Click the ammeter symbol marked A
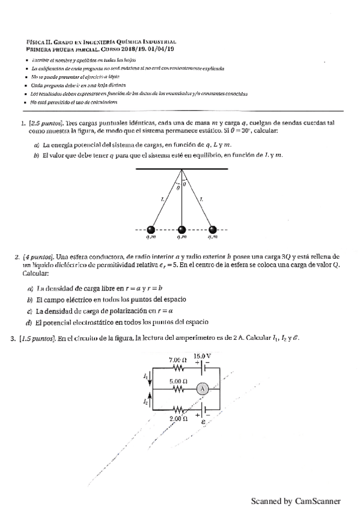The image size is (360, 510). (x=203, y=389)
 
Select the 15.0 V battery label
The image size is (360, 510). (x=203, y=356)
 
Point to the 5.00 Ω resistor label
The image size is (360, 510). (x=177, y=381)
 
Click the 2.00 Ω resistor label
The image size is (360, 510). (x=178, y=417)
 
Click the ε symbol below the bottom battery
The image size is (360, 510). (x=202, y=422)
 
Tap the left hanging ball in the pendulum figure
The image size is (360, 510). (x=151, y=229)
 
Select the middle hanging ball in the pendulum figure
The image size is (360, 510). (x=182, y=229)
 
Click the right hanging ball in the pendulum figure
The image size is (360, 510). (x=212, y=229)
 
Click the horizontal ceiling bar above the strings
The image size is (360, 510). (x=182, y=170)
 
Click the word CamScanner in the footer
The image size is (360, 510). (x=318, y=500)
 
